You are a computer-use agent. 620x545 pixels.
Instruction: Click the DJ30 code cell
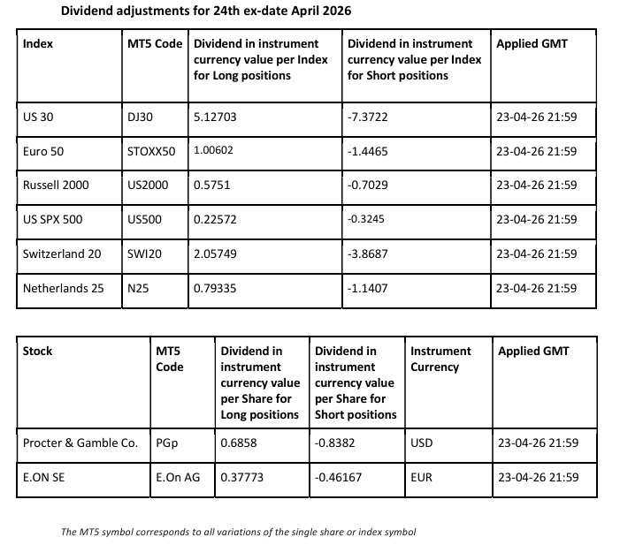pos(142,117)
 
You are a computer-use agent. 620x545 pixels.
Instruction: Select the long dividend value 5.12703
pos(215,117)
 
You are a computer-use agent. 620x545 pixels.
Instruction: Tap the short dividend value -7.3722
pos(370,117)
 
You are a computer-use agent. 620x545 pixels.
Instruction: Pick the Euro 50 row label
pos(43,151)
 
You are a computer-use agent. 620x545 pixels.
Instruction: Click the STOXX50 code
pos(151,151)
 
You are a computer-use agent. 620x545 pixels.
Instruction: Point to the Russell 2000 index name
pos(56,185)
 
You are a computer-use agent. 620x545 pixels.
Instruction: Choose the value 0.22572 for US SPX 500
pos(215,219)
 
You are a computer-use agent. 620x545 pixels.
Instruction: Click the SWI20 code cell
pos(142,254)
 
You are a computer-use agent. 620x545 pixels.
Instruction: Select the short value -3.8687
pos(370,254)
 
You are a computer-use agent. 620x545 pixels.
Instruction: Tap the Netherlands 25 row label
pos(64,287)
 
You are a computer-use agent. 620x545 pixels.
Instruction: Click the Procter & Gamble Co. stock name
pos(80,443)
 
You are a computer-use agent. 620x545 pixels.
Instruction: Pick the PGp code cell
pos(166,443)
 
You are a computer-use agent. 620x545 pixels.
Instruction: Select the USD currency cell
pos(422,443)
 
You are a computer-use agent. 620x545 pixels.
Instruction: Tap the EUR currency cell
pos(422,477)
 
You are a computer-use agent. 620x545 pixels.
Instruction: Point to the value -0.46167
pos(341,477)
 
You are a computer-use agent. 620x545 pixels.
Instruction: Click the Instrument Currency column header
pos(440,359)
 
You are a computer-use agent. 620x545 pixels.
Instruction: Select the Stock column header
pos(37,351)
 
